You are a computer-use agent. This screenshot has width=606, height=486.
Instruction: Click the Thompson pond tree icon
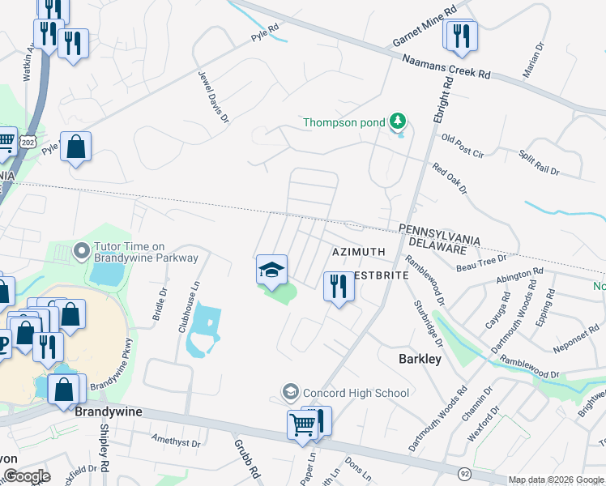(397, 122)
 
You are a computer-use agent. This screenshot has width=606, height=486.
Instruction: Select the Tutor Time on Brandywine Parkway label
(142, 252)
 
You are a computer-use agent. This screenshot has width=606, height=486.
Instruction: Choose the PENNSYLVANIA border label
(439, 230)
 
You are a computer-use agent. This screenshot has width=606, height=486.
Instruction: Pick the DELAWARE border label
(444, 241)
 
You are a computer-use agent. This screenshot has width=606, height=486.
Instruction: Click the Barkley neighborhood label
(420, 358)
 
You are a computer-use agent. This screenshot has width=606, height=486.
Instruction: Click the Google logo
(26, 476)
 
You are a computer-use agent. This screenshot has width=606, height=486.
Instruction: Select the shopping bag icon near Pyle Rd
(75, 148)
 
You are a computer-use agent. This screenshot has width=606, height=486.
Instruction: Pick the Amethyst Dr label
(176, 441)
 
